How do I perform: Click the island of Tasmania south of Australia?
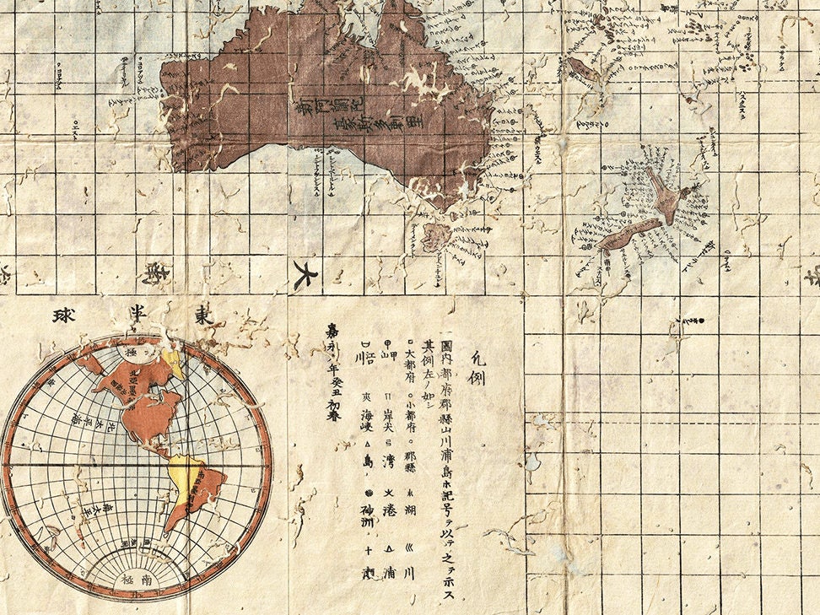(436, 237)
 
